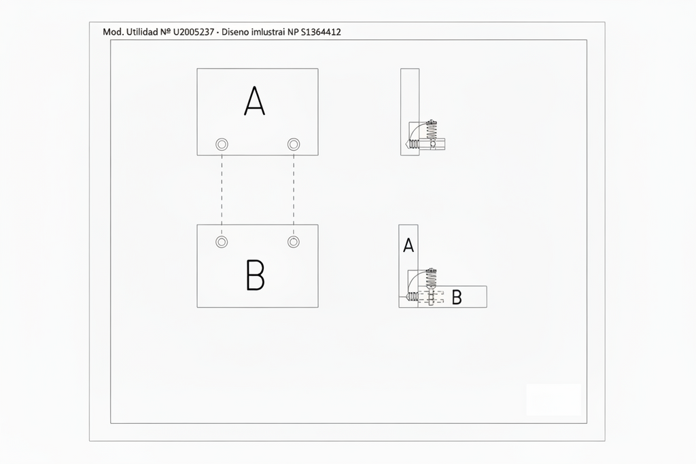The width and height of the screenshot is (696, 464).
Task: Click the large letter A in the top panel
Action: tap(254, 101)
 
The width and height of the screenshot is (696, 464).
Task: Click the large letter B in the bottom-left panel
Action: tap(256, 275)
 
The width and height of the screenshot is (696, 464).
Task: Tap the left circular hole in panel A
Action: tap(222, 144)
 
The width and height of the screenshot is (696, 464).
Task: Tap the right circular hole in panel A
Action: tap(294, 144)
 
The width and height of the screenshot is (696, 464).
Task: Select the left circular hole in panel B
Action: tap(222, 242)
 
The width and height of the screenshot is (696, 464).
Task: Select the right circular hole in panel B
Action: tap(294, 242)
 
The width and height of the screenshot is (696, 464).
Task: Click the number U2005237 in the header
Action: tap(194, 32)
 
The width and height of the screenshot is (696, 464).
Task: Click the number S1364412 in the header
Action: tap(321, 32)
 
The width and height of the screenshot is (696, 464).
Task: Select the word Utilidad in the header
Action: tap(142, 32)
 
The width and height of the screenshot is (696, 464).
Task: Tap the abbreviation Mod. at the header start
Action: tap(114, 32)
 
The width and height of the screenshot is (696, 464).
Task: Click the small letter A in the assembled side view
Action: tap(408, 245)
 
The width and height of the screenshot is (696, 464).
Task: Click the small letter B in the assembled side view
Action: tap(457, 297)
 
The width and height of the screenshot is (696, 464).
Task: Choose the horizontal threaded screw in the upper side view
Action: tap(413, 144)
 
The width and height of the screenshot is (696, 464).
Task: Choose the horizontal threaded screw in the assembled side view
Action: tap(413, 296)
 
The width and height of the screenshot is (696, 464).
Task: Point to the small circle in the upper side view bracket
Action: tap(433, 144)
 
